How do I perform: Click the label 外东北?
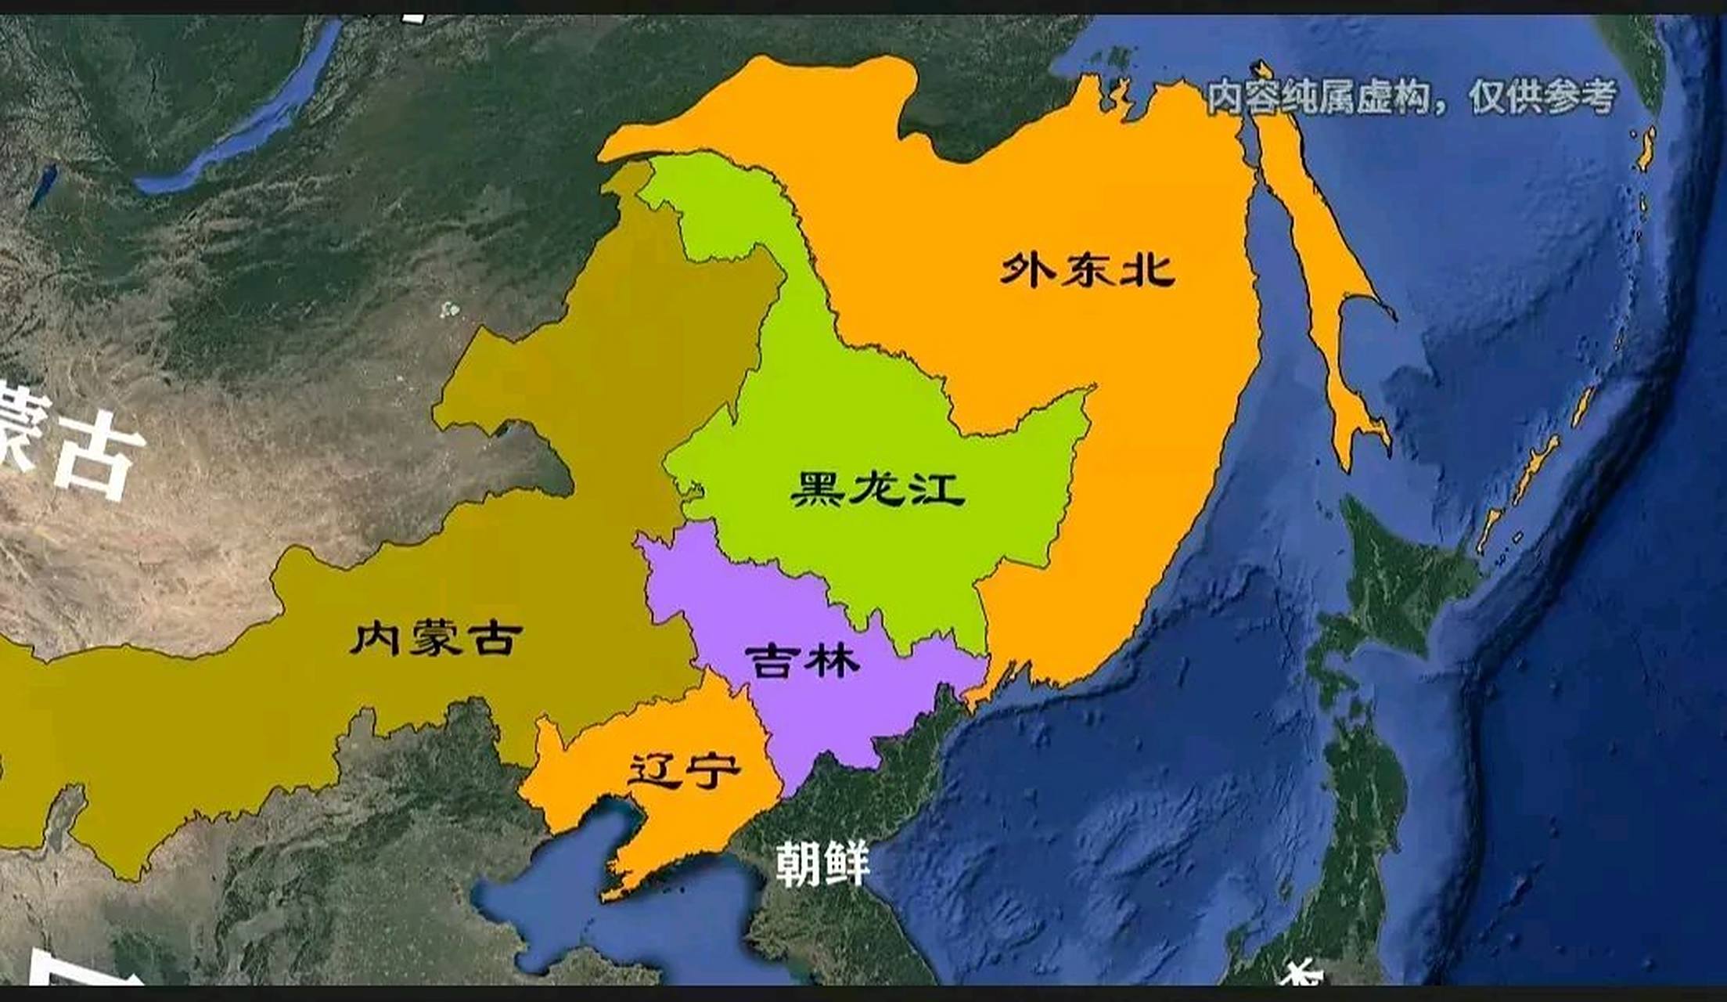1088,269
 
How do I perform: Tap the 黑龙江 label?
877,488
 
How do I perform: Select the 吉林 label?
802,661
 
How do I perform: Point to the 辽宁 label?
684,770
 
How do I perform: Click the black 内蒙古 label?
436,638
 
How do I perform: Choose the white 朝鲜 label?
822,863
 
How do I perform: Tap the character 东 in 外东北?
1088,269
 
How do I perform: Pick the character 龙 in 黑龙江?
877,488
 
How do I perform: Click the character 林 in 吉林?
833,661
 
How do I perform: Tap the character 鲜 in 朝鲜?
847,863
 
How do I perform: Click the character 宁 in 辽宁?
712,770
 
